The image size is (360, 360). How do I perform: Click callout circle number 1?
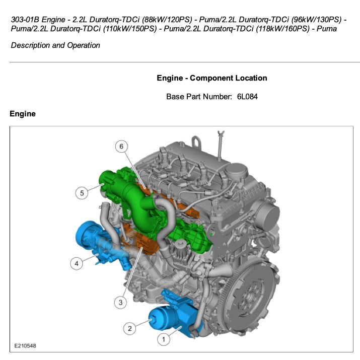coord(163,339)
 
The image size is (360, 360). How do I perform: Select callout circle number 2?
coord(129,328)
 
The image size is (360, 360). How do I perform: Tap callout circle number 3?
coord(120,302)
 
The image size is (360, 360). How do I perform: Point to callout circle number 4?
coord(77,263)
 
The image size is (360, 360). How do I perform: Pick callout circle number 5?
coord(82,192)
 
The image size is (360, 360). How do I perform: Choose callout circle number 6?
coord(121,147)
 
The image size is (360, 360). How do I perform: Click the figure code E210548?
coord(25,346)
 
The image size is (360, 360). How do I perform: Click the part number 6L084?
coord(247,96)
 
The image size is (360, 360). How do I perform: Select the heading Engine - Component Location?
coord(212,78)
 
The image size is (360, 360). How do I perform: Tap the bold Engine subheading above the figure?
coord(23,114)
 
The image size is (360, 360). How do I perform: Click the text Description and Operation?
coord(55,45)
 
